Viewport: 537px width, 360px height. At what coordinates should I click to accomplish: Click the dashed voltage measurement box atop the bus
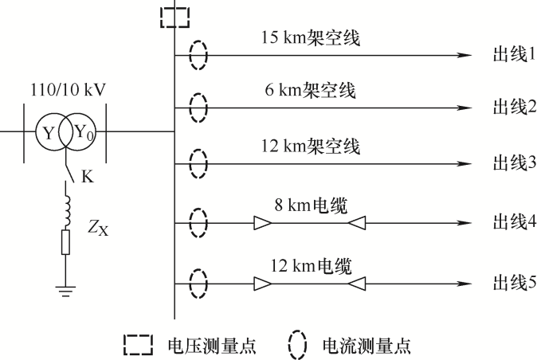(174, 16)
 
